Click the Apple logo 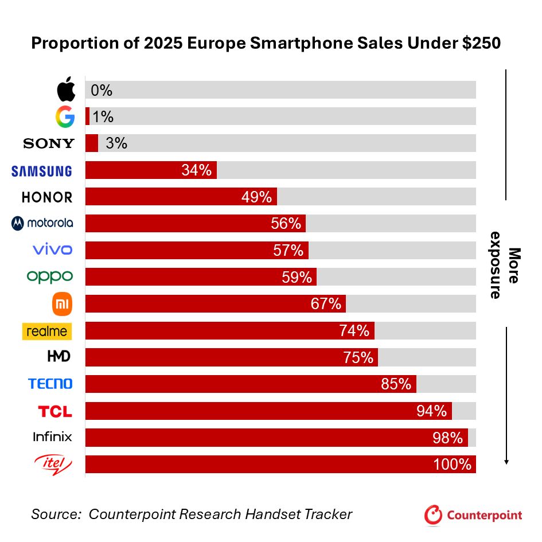(66, 90)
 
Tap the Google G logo (65, 116)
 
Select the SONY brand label (49, 143)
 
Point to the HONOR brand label (47, 197)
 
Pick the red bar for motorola (195, 224)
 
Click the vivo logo (52, 249)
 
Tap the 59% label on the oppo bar (297, 277)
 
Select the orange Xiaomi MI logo (63, 304)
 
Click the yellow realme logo (47, 331)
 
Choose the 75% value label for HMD (358, 357)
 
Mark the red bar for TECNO (251, 384)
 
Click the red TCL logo (55, 411)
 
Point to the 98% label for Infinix (448, 438)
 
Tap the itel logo (52, 463)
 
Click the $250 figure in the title (478, 44)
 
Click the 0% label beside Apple (102, 90)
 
